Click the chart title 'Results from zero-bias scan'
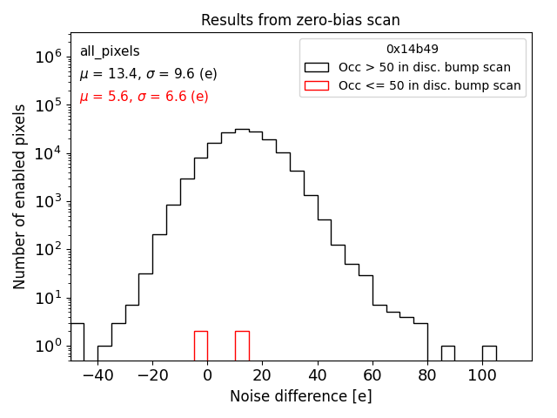click(x=300, y=20)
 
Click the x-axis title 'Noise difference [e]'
click(x=300, y=396)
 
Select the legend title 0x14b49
click(x=413, y=49)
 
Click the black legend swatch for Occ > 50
click(x=317, y=67)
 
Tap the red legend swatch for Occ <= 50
click(x=317, y=85)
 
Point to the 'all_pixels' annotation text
click(x=110, y=51)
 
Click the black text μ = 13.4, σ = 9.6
click(x=148, y=74)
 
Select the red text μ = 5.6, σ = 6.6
click(x=144, y=97)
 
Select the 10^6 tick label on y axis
click(x=48, y=57)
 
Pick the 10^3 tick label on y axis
click(x=48, y=201)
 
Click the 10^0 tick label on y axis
click(x=48, y=347)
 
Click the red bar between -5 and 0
click(x=200, y=346)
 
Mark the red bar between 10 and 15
click(x=242, y=346)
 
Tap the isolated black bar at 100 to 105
click(x=489, y=353)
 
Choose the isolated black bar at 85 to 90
click(x=447, y=353)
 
